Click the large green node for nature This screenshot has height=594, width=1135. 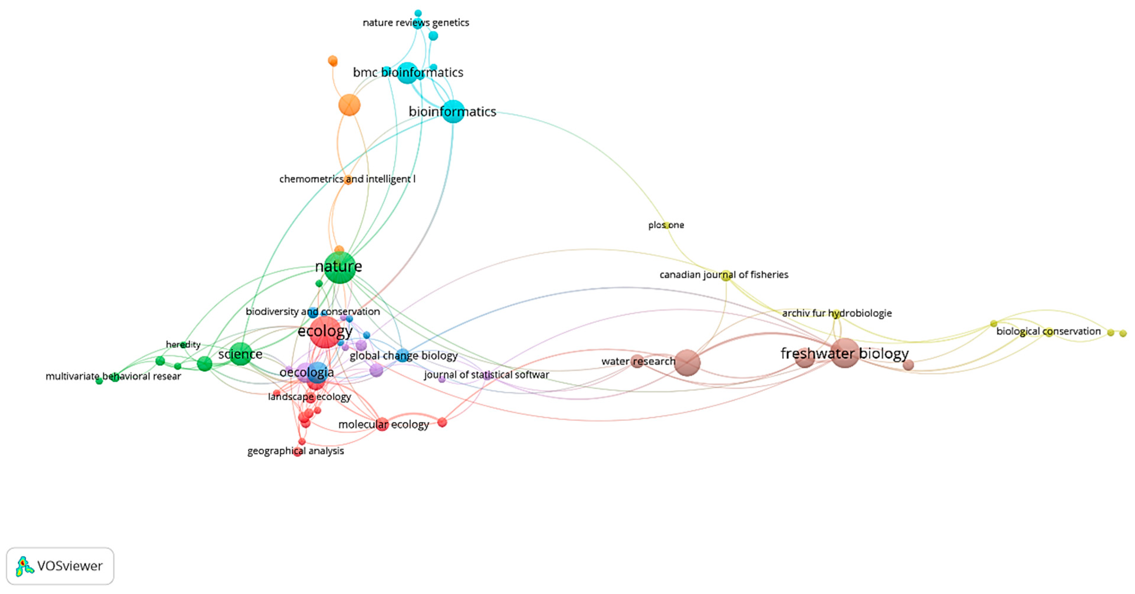click(x=340, y=268)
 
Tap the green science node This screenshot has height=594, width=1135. click(x=241, y=353)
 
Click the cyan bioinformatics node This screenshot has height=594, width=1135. click(x=453, y=111)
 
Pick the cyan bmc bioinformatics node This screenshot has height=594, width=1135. click(x=408, y=73)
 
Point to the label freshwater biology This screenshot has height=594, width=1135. click(x=845, y=353)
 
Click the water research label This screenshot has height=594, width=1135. click(x=638, y=361)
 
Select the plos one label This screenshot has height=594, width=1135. click(x=666, y=225)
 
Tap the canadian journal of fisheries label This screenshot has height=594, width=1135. click(x=724, y=275)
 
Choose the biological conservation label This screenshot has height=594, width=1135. click(x=1049, y=332)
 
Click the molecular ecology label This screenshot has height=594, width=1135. click(x=384, y=424)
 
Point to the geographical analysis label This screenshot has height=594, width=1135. click(x=296, y=451)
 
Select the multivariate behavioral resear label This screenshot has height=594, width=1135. click(x=113, y=376)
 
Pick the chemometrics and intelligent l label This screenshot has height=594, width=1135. click(x=347, y=179)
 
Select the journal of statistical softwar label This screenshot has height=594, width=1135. click(x=487, y=375)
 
